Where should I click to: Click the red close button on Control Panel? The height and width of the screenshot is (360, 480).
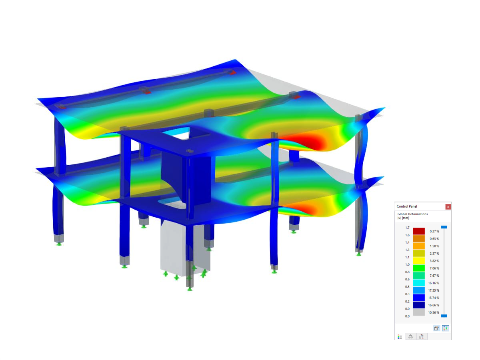[448, 206]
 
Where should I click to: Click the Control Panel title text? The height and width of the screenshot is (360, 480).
[407, 206]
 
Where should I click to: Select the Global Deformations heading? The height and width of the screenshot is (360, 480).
[412, 214]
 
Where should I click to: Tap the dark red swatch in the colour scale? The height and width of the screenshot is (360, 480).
[419, 231]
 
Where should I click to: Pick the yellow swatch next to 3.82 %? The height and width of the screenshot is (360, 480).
[419, 261]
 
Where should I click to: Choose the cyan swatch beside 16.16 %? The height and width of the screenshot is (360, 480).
[419, 283]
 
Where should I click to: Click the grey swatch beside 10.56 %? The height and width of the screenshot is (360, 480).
[419, 312]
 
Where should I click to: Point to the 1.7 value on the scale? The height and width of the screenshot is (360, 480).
[407, 228]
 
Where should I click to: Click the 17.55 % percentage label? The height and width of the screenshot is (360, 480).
[434, 290]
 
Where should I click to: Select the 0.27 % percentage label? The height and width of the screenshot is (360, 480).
[434, 231]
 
